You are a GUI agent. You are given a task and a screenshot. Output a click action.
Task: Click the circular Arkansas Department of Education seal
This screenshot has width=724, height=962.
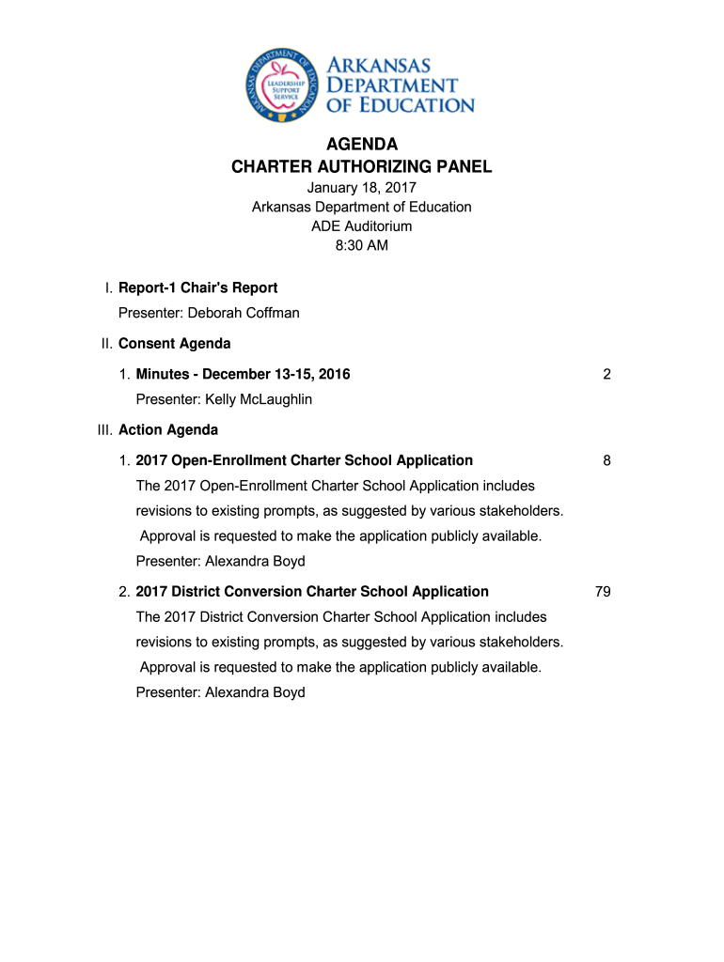pyautogui.click(x=282, y=84)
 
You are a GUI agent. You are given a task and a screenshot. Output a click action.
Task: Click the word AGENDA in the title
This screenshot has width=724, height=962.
pyautogui.click(x=362, y=145)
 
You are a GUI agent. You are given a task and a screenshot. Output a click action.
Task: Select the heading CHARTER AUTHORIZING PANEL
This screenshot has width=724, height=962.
pyautogui.click(x=362, y=167)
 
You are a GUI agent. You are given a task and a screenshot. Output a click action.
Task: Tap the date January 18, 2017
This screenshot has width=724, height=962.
pyautogui.click(x=362, y=187)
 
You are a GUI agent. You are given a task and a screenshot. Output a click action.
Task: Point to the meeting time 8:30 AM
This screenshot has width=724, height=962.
pyautogui.click(x=362, y=246)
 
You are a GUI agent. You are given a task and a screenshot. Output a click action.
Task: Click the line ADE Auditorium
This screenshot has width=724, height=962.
pyautogui.click(x=362, y=226)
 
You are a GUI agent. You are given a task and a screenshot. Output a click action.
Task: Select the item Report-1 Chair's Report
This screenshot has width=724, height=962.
pyautogui.click(x=197, y=287)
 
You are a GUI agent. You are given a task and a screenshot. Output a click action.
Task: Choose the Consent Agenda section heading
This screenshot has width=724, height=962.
pyautogui.click(x=175, y=344)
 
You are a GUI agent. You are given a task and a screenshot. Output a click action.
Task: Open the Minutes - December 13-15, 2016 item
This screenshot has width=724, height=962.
pyautogui.click(x=243, y=374)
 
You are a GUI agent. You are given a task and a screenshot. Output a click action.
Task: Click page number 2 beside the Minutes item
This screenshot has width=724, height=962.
pyautogui.click(x=607, y=374)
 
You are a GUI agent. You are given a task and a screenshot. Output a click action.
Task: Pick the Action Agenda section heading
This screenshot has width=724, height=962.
pyautogui.click(x=168, y=430)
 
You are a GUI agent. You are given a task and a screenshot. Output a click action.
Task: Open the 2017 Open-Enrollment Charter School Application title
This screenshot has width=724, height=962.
pyautogui.click(x=305, y=460)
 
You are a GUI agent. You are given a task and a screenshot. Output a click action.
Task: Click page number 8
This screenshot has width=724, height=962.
pyautogui.click(x=607, y=460)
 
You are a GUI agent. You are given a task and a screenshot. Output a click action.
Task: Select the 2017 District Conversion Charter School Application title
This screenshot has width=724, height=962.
pyautogui.click(x=312, y=592)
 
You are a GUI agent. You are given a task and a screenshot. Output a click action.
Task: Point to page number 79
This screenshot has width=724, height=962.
pyautogui.click(x=603, y=592)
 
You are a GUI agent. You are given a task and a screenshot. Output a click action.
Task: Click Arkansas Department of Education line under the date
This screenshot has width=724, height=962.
pyautogui.click(x=362, y=207)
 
